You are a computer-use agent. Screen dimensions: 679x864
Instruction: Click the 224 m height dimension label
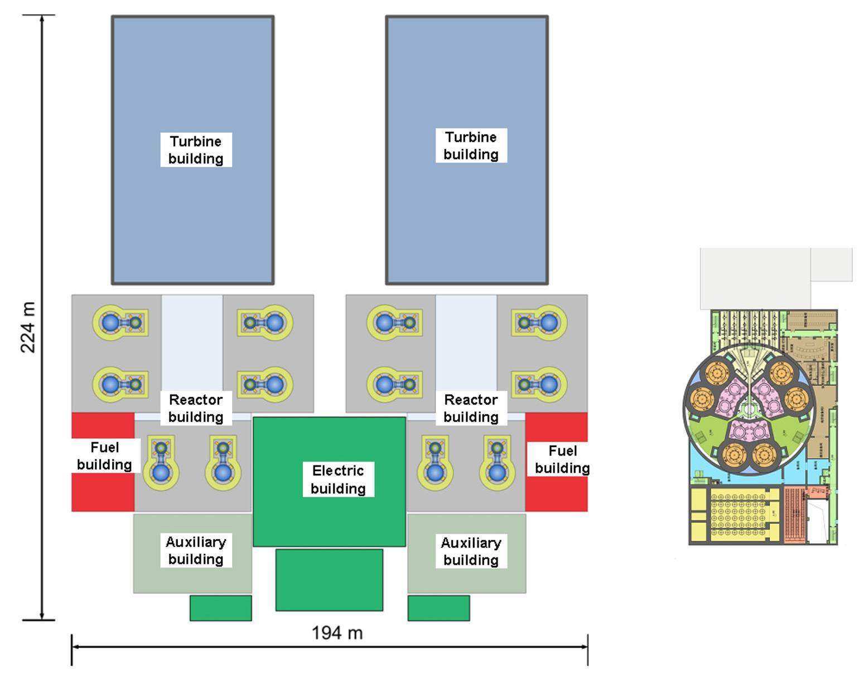(28, 327)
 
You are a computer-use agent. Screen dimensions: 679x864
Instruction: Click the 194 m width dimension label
(337, 633)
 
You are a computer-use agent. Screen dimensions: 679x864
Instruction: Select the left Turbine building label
(196, 149)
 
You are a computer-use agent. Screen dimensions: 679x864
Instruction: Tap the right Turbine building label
(471, 145)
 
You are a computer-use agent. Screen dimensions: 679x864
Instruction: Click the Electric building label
(338, 479)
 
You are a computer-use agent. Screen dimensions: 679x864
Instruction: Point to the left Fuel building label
(104, 456)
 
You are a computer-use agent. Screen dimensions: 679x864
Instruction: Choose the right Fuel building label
(562, 459)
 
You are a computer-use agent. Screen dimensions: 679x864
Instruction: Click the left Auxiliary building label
(196, 550)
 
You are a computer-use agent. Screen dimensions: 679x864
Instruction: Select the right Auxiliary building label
(471, 551)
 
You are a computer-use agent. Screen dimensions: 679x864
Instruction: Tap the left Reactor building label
(196, 408)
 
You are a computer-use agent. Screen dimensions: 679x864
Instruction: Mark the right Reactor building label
(471, 408)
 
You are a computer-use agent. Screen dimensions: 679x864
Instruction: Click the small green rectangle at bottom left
(220, 608)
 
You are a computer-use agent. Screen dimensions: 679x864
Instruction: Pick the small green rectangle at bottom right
(438, 608)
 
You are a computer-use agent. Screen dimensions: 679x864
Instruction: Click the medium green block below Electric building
(329, 580)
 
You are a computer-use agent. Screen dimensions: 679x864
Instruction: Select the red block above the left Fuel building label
(103, 425)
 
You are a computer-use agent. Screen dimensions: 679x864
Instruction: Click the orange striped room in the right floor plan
(795, 515)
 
